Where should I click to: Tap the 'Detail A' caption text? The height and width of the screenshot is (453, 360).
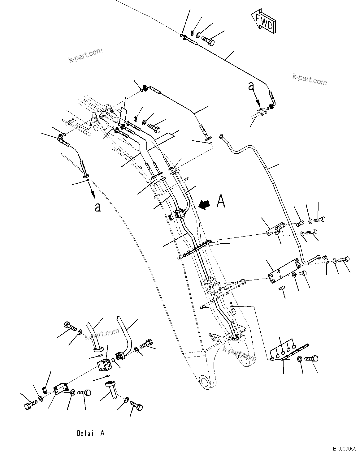tap(91, 433)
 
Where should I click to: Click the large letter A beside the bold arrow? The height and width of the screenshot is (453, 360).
tap(221, 201)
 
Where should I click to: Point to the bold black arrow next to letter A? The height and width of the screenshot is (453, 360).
tap(204, 204)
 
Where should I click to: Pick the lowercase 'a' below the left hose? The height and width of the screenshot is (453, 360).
tap(98, 207)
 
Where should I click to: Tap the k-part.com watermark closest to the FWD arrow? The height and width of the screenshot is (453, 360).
tap(309, 79)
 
